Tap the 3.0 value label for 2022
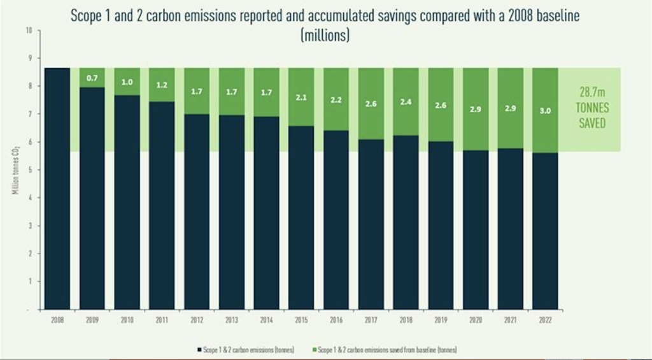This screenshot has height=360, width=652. pyautogui.click(x=545, y=110)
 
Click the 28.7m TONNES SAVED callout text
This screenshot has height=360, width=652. pyautogui.click(x=592, y=108)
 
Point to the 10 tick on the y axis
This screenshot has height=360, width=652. pyautogui.click(x=28, y=31)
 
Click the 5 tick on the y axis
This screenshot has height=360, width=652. pyautogui.click(x=29, y=170)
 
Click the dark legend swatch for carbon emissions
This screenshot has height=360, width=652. pyautogui.click(x=199, y=349)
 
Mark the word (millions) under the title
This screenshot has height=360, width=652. pyautogui.click(x=325, y=36)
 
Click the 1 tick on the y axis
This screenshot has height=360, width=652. pyautogui.click(x=30, y=281)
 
